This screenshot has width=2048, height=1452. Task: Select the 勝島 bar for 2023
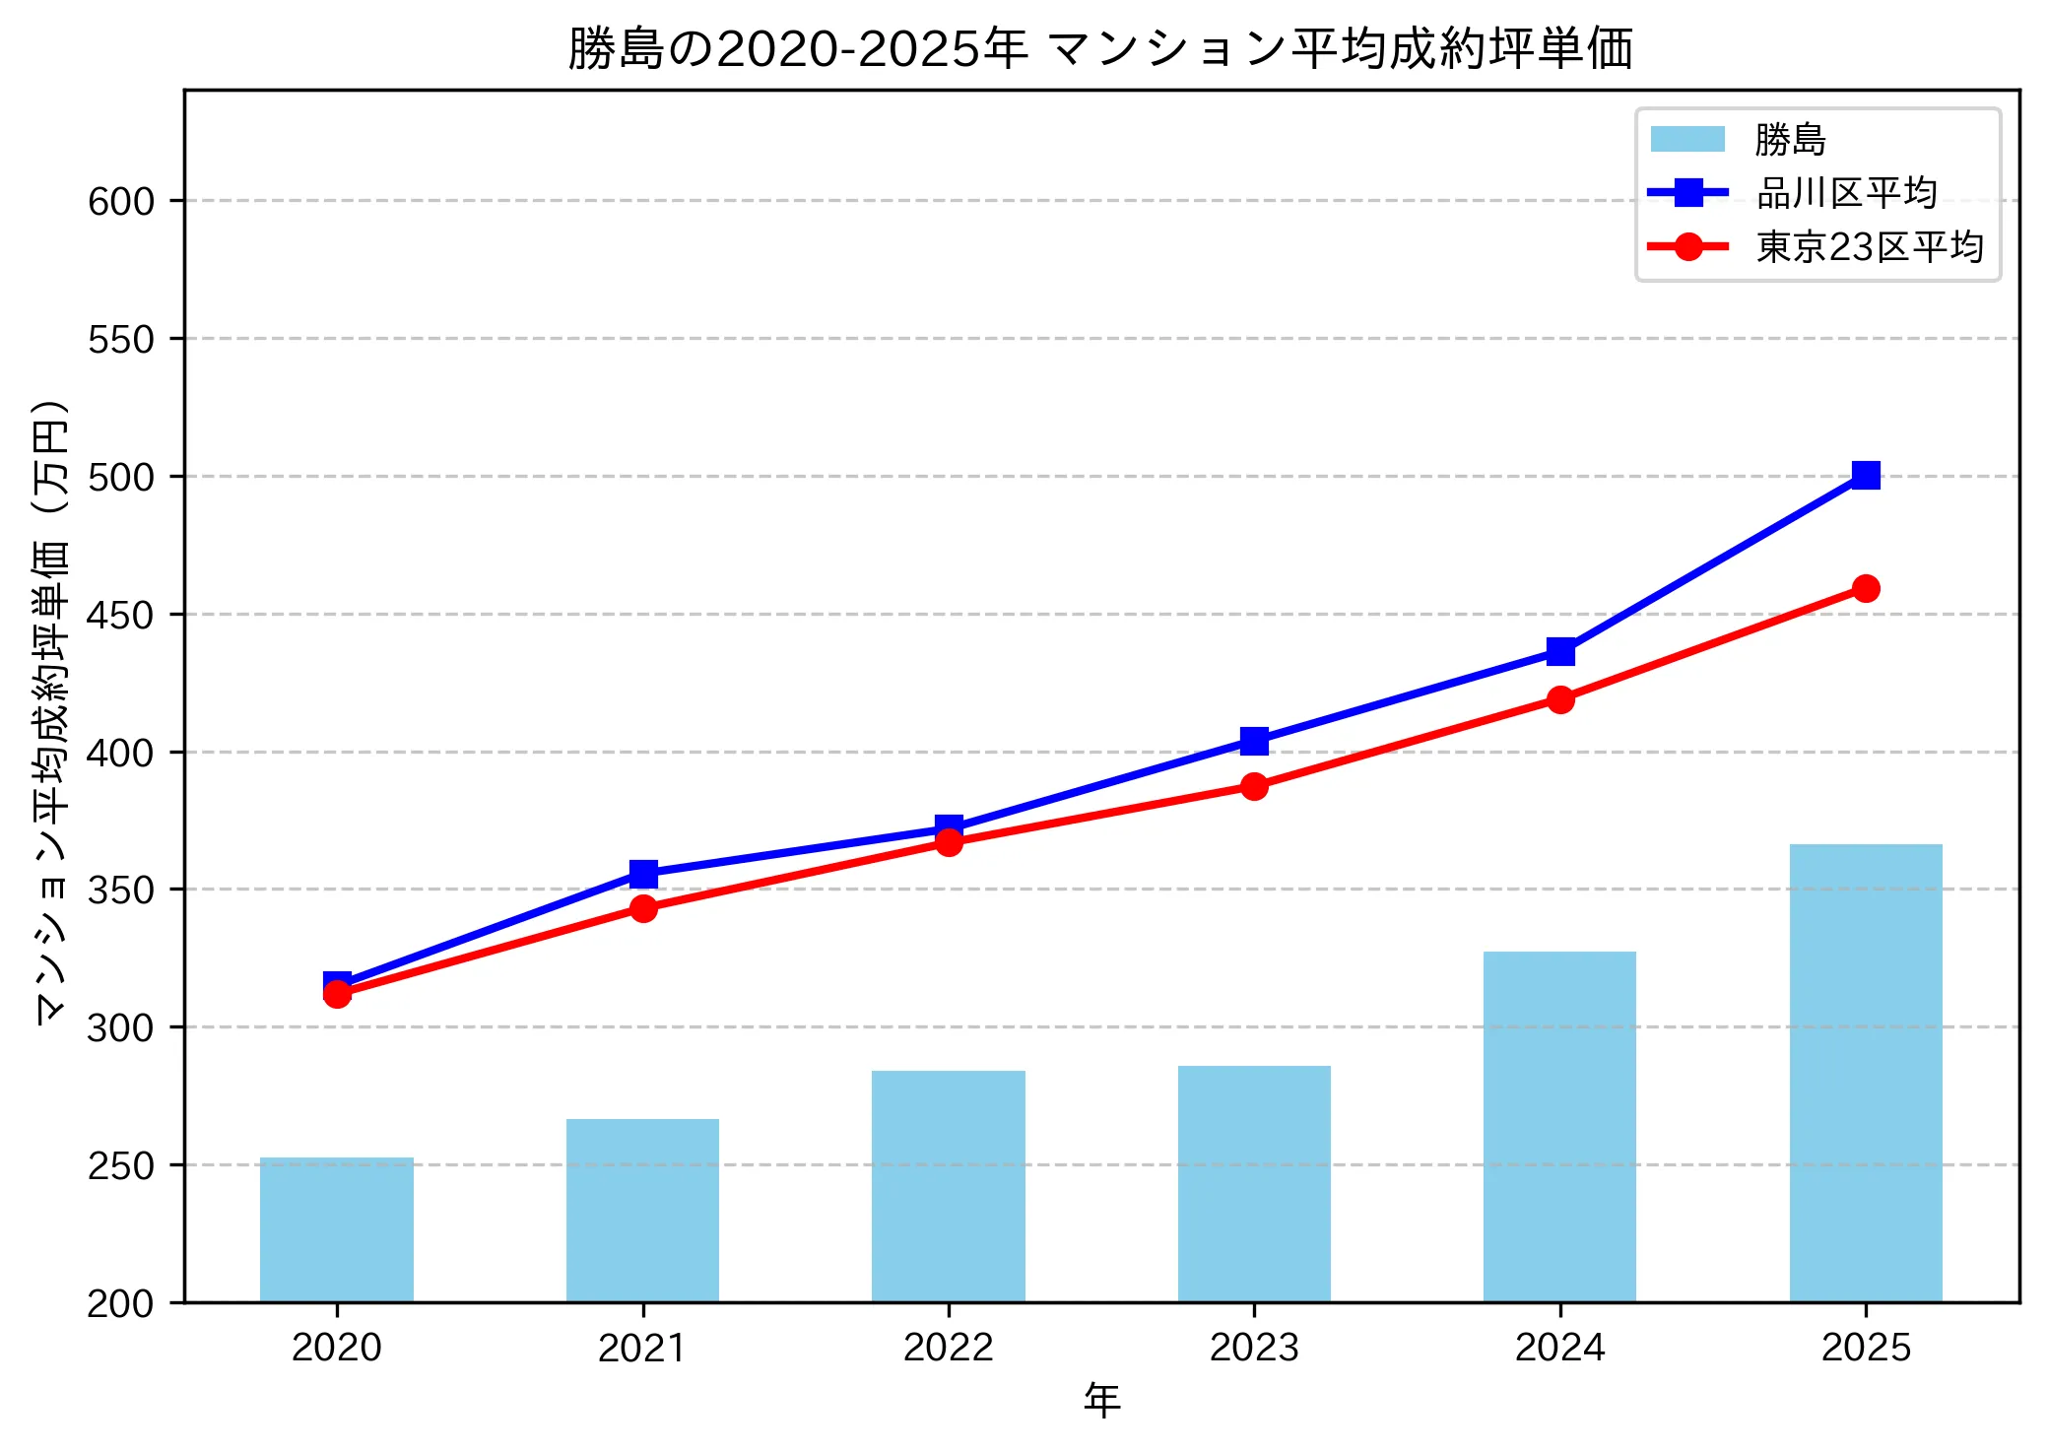[1253, 1183]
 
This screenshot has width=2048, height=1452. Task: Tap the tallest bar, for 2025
[1865, 1073]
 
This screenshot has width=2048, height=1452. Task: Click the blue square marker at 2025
[1865, 476]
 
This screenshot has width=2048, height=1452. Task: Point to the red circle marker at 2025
[1865, 588]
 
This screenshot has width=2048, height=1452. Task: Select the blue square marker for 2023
[1253, 741]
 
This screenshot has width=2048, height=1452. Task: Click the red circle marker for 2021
[642, 908]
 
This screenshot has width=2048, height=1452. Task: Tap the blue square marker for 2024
[1559, 651]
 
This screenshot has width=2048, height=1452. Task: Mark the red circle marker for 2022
[948, 842]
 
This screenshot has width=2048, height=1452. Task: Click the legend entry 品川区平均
[1846, 193]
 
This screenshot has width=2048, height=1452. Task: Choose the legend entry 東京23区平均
[1869, 246]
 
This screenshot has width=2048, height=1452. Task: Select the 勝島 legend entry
[1789, 140]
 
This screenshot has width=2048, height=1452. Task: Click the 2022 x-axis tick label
[948, 1348]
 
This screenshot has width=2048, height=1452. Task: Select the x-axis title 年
[1101, 1400]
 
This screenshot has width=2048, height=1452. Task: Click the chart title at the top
[1100, 48]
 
